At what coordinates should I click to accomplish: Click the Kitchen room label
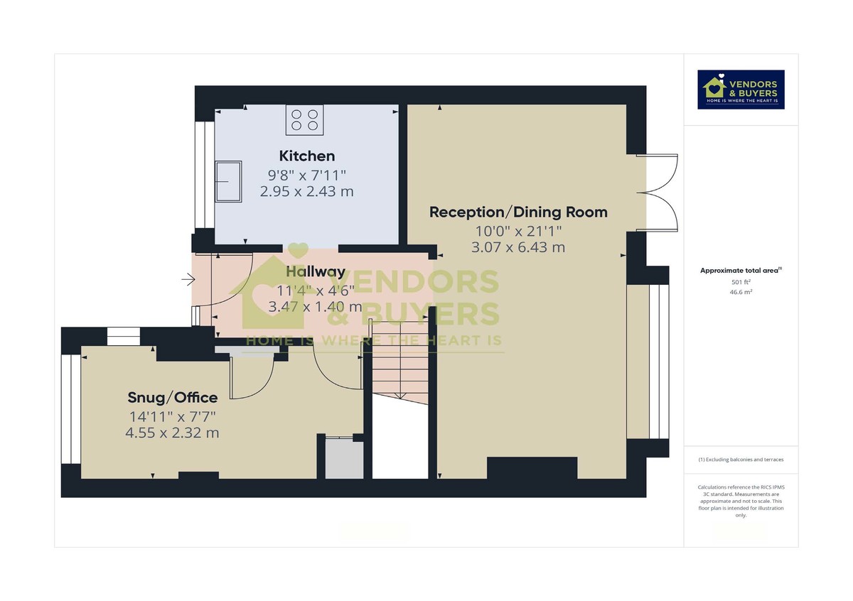pyautogui.click(x=306, y=156)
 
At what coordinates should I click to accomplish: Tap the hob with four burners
pyautogui.click(x=305, y=119)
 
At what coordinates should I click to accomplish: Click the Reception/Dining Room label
pyautogui.click(x=518, y=212)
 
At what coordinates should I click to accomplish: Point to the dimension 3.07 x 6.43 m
pyautogui.click(x=518, y=247)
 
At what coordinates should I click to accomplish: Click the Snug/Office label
pyautogui.click(x=172, y=397)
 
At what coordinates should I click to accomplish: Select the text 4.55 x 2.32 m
pyautogui.click(x=172, y=432)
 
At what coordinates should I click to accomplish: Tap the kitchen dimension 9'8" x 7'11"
pyautogui.click(x=306, y=174)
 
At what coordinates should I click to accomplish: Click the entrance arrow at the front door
pyautogui.click(x=188, y=280)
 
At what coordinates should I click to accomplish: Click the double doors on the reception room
pyautogui.click(x=648, y=192)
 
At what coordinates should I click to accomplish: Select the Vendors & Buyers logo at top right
pyautogui.click(x=741, y=90)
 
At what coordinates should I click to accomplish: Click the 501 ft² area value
pyautogui.click(x=741, y=282)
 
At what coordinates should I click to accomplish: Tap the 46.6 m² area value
pyautogui.click(x=741, y=291)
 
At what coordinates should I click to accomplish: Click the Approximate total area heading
pyautogui.click(x=741, y=270)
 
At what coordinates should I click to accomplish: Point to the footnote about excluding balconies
pyautogui.click(x=741, y=460)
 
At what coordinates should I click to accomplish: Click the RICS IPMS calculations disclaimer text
pyautogui.click(x=741, y=501)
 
